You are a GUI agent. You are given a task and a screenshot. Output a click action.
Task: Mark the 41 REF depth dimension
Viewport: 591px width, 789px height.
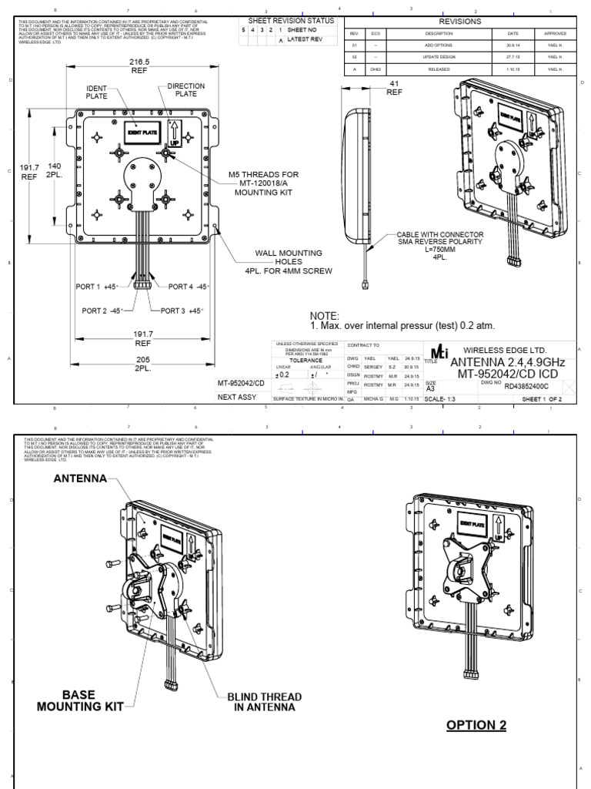pos(394,87)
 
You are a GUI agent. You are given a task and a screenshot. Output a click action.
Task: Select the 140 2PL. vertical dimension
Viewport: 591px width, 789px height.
pos(54,170)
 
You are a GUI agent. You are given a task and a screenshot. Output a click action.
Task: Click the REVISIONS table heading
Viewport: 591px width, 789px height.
pos(459,22)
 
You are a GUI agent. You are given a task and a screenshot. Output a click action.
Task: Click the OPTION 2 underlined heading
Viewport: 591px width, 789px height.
pos(477,725)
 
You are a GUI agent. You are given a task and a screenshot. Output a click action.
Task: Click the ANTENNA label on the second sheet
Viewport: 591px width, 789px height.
pos(79,478)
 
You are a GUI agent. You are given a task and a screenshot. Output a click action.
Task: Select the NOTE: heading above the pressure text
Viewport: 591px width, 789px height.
pos(324,316)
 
